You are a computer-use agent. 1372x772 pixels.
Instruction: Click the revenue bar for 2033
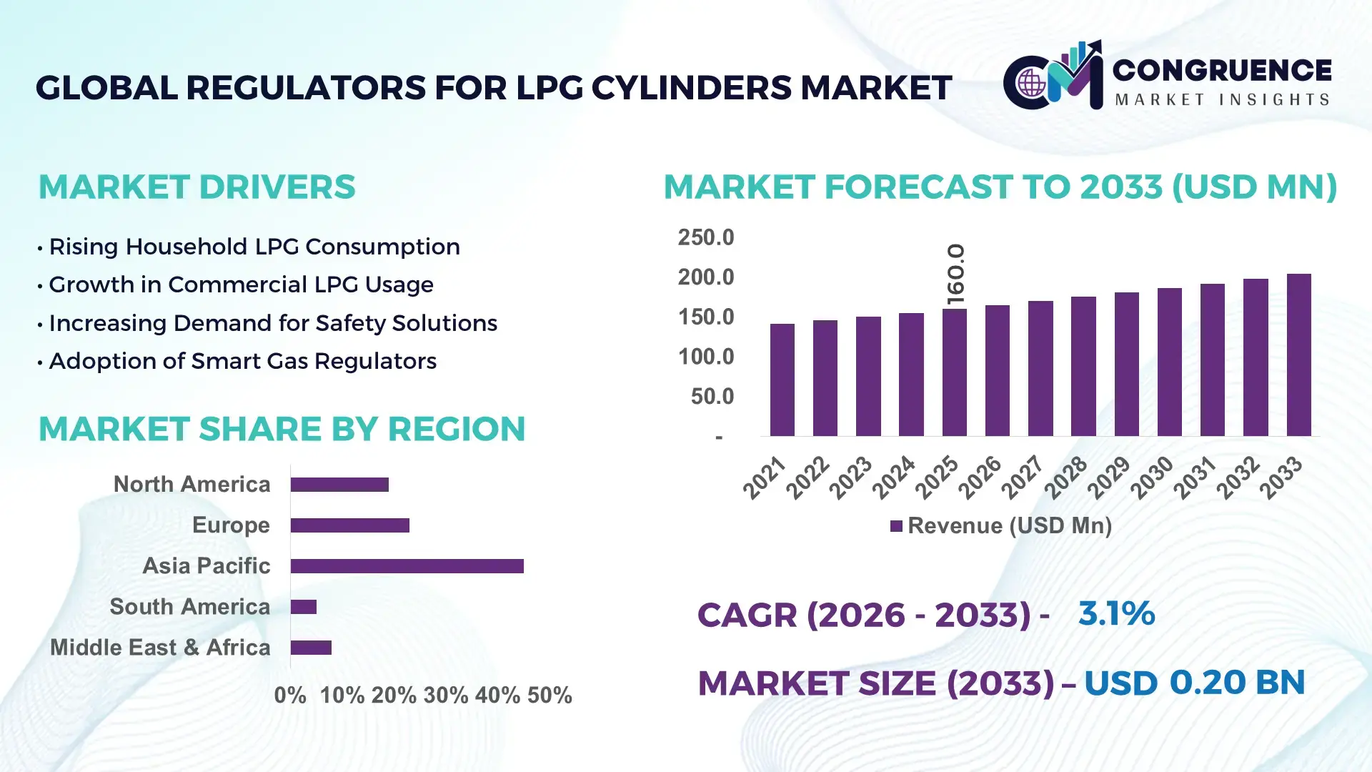click(x=1298, y=355)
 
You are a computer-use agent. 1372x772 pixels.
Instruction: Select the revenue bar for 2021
click(x=782, y=380)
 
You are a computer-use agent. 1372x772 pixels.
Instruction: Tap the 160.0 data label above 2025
click(x=955, y=274)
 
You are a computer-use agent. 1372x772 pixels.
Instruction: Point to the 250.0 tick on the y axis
click(x=705, y=237)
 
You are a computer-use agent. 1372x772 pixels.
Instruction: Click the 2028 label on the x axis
click(x=1065, y=477)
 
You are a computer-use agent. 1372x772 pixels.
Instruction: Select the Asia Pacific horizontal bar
click(x=407, y=566)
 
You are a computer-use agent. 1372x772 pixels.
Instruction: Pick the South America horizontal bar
click(x=303, y=607)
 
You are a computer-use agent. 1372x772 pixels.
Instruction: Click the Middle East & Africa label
click(x=160, y=648)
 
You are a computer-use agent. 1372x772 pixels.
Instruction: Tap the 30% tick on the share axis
click(x=445, y=696)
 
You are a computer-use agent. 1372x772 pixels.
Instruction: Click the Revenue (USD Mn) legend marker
click(x=896, y=526)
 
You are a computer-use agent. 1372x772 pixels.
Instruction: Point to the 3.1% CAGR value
click(x=1116, y=613)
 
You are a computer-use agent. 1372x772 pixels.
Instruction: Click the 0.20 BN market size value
click(x=1236, y=682)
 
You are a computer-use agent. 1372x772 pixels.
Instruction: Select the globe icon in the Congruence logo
click(x=1031, y=84)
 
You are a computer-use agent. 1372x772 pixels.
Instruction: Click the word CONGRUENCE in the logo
click(x=1221, y=70)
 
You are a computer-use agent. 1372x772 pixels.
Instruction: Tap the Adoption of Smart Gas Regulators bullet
click(x=242, y=361)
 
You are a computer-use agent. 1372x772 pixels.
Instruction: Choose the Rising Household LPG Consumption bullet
click(x=254, y=247)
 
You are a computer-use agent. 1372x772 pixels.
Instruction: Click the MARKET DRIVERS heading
click(x=197, y=187)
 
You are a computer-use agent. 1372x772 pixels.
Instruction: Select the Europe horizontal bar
click(x=349, y=525)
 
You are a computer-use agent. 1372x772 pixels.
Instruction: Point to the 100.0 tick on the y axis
click(x=705, y=357)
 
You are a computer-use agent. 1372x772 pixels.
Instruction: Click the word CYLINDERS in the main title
click(x=691, y=88)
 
